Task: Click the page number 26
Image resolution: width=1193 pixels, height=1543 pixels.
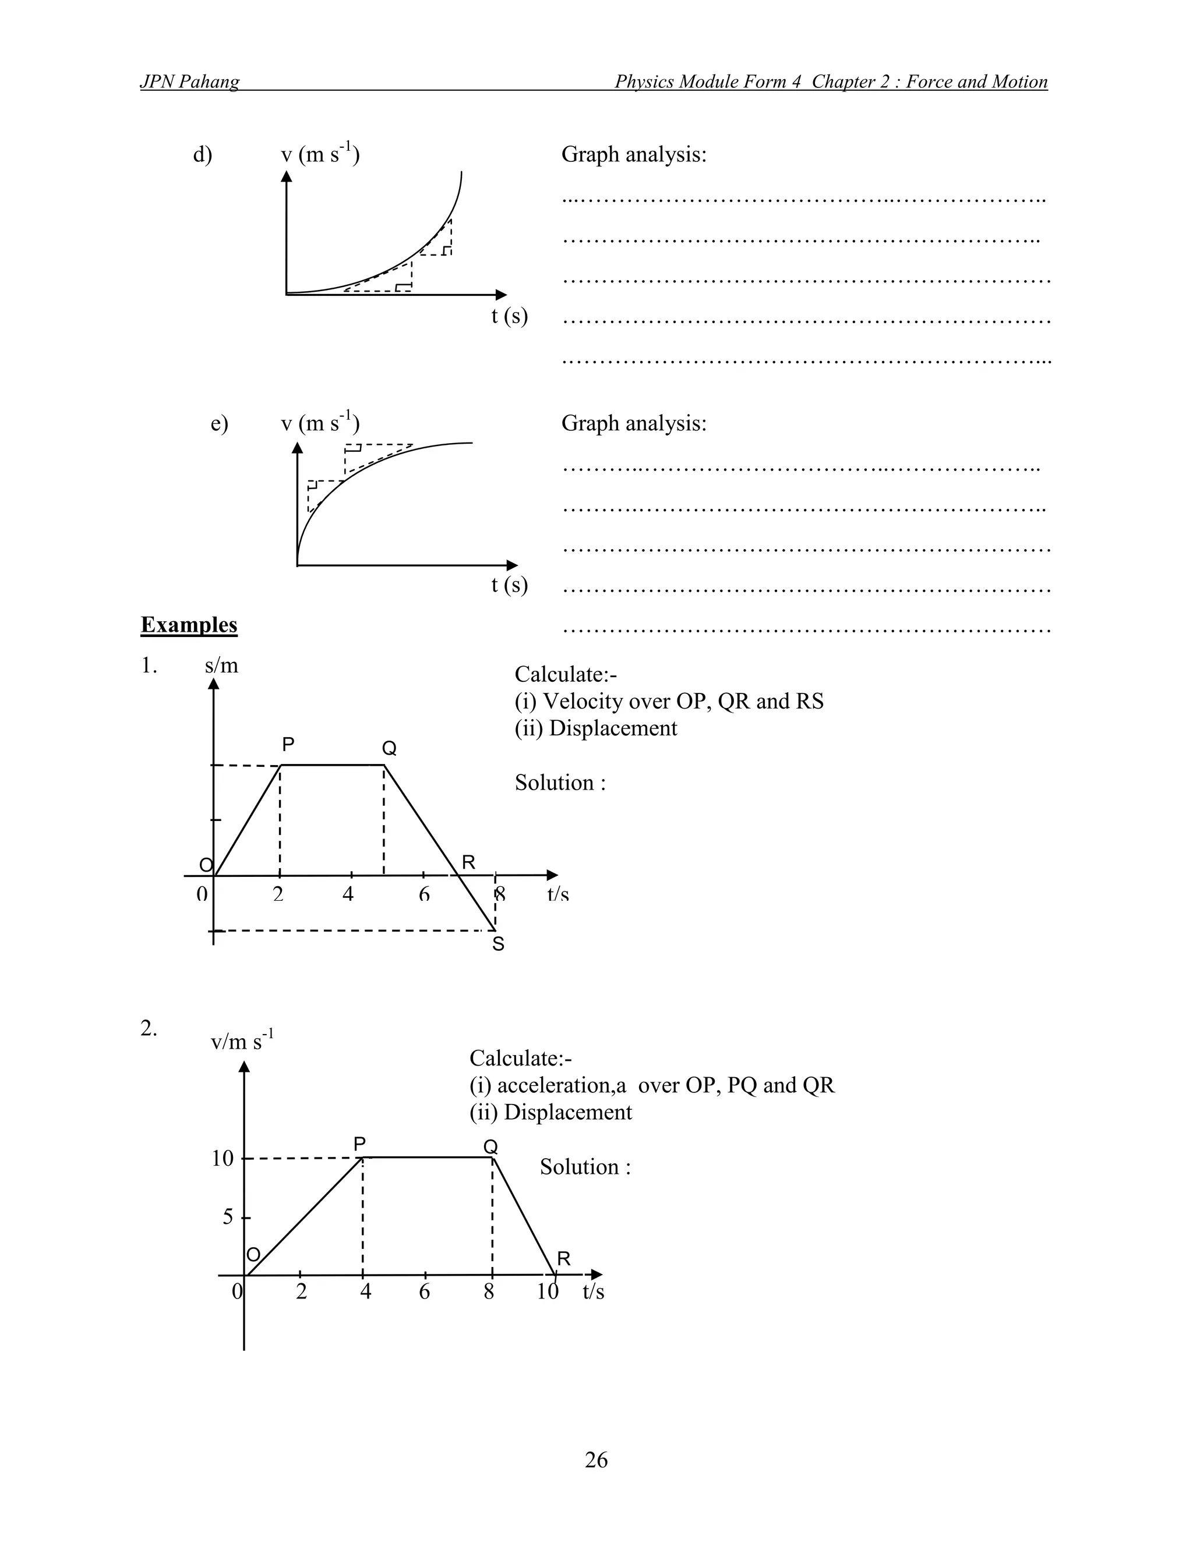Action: click(x=596, y=1459)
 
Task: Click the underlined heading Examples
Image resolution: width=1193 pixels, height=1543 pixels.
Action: click(x=189, y=625)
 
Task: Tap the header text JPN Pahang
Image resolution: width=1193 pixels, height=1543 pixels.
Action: click(x=189, y=82)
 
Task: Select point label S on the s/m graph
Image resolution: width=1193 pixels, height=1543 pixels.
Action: click(x=498, y=944)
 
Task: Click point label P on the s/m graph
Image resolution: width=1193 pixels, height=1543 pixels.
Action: click(x=288, y=744)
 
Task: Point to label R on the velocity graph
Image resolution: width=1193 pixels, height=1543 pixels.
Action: click(x=563, y=1258)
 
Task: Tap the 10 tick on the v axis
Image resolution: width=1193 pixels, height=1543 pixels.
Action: click(x=223, y=1159)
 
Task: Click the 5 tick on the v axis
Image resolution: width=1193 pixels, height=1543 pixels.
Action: click(x=228, y=1216)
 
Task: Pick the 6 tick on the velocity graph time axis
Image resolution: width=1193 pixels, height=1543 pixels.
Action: click(x=424, y=1291)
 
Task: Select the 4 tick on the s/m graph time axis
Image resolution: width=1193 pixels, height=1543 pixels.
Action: click(x=348, y=894)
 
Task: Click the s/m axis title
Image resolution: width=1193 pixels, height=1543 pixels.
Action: click(x=221, y=666)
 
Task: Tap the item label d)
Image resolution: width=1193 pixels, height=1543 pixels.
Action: click(x=202, y=154)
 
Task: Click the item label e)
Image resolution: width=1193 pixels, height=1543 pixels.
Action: click(x=219, y=423)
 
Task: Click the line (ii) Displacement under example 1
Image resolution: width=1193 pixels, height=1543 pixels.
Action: click(x=595, y=728)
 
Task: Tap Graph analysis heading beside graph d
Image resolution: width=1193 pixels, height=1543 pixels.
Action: click(x=633, y=154)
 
